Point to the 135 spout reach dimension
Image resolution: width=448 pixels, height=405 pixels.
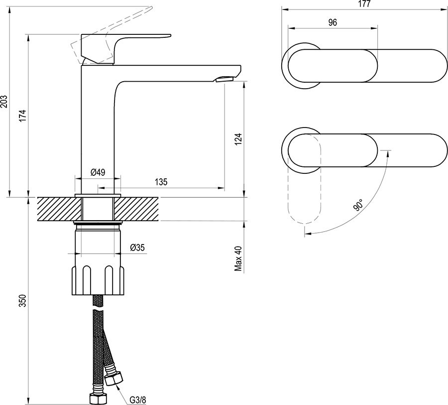coord(160,182)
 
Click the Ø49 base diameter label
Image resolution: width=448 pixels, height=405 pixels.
coord(97,172)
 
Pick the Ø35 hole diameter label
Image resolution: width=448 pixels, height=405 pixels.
coord(137,248)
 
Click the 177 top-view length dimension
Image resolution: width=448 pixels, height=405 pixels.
coord(365,4)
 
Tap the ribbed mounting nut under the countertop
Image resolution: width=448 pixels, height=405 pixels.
coord(98,281)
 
